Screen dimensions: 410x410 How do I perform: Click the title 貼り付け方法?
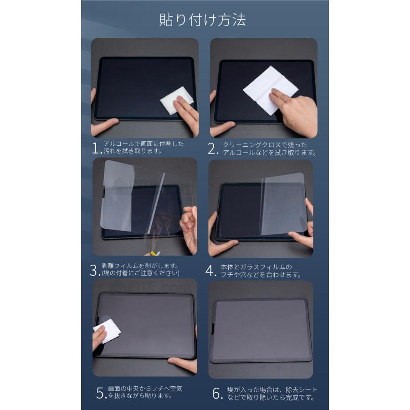(x=203, y=20)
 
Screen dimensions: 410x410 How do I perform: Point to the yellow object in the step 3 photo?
(x=154, y=253)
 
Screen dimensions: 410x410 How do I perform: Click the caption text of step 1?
(x=143, y=147)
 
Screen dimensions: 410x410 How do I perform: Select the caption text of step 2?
(x=269, y=149)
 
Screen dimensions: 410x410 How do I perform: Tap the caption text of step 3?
(x=141, y=270)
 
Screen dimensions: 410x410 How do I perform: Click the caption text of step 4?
(x=261, y=271)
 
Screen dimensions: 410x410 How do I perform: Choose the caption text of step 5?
(x=145, y=392)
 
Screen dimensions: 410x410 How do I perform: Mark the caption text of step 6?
(x=272, y=394)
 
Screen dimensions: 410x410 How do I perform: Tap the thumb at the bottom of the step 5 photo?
(x=183, y=364)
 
